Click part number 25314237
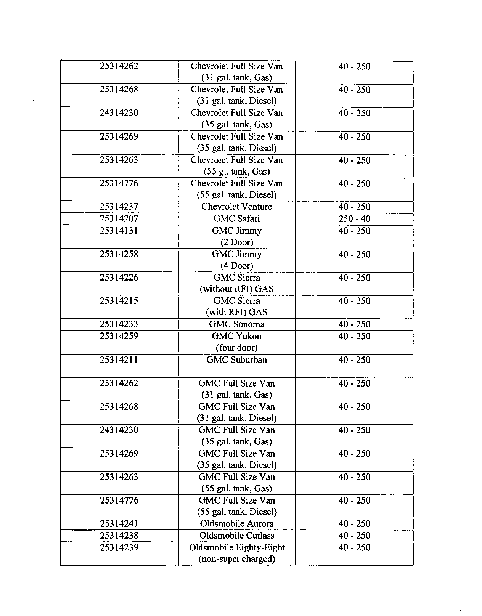pyautogui.click(x=119, y=207)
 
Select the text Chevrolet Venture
pyautogui.click(x=237, y=207)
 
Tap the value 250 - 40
pyautogui.click(x=354, y=219)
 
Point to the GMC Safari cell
pyautogui.click(x=237, y=219)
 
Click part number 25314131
pyautogui.click(x=119, y=231)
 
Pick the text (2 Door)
pyautogui.click(x=237, y=242)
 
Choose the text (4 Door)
pyautogui.click(x=237, y=266)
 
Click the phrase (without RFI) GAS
pyautogui.click(x=237, y=289)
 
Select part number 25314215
pyautogui.click(x=119, y=301)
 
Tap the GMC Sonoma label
pyautogui.click(x=237, y=324)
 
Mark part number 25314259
pyautogui.click(x=119, y=336)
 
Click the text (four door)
pyautogui.click(x=237, y=348)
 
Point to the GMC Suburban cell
pyautogui.click(x=237, y=360)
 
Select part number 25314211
pyautogui.click(x=119, y=360)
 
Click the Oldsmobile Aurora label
pyautogui.click(x=237, y=524)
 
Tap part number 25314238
pyautogui.click(x=119, y=536)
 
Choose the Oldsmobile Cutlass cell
pyautogui.click(x=237, y=536)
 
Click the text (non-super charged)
pyautogui.click(x=237, y=559)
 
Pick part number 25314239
pyautogui.click(x=119, y=547)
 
